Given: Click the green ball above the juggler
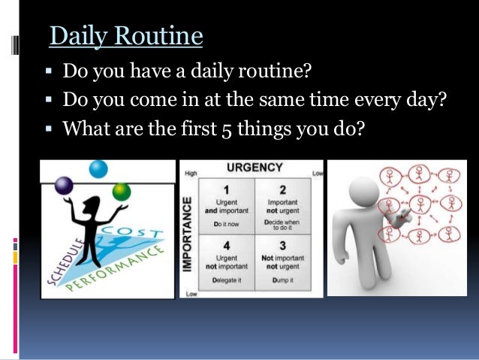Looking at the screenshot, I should [121, 192].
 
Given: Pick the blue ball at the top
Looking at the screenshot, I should [98, 169].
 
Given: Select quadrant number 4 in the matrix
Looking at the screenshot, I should [226, 245].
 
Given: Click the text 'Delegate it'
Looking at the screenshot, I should [226, 280].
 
